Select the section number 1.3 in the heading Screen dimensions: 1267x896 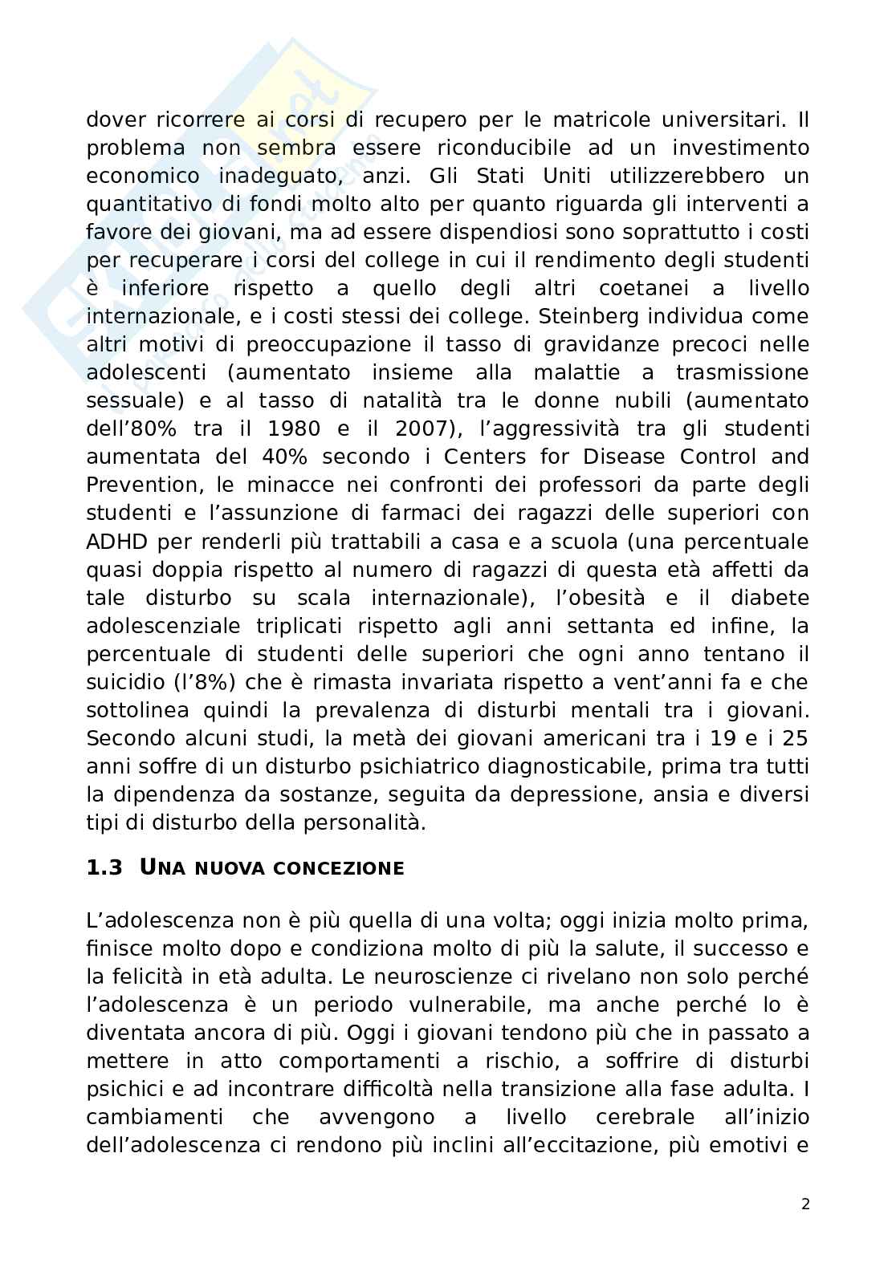click(104, 867)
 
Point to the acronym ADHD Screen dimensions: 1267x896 click(118, 541)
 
